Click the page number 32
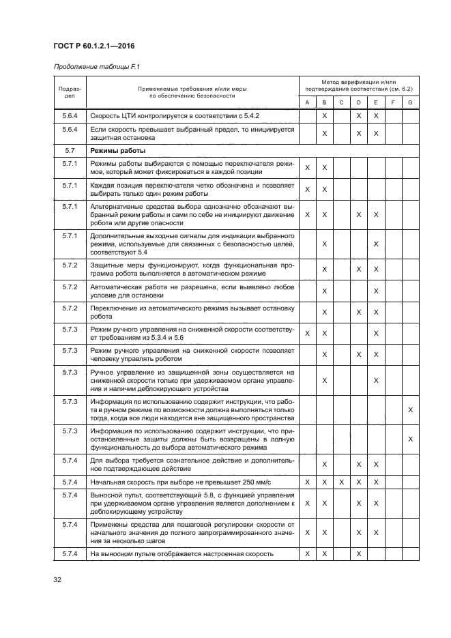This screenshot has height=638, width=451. [57, 580]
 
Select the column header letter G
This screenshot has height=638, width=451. [410, 102]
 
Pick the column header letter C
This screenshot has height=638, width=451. [341, 102]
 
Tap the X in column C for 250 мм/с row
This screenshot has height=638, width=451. [341, 482]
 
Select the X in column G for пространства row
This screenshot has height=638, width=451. [410, 410]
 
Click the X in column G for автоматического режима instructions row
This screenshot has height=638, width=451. [410, 440]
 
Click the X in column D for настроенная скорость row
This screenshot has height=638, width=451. [358, 553]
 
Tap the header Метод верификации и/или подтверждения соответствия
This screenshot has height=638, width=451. [358, 85]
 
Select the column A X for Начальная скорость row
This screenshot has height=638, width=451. [307, 482]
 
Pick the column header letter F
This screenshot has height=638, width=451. [393, 102]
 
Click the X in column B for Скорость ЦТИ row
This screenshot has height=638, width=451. [324, 116]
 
